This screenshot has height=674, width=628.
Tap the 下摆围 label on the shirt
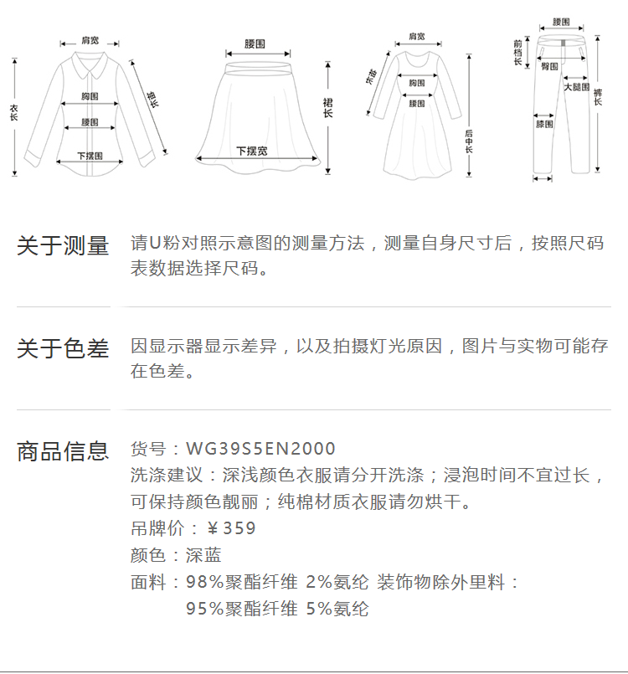click(x=90, y=156)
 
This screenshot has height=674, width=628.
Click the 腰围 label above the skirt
click(x=255, y=43)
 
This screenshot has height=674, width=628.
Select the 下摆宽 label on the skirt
click(x=251, y=152)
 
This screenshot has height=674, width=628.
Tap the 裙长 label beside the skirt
click(x=327, y=106)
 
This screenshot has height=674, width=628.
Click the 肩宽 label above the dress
click(x=416, y=37)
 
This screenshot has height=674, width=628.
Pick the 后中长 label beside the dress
click(x=469, y=142)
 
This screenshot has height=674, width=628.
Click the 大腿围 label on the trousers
click(x=576, y=87)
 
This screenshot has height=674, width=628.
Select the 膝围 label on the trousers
click(x=544, y=124)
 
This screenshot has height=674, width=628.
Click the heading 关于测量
click(x=63, y=246)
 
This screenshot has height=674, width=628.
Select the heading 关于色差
click(x=63, y=348)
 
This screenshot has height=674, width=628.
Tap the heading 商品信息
click(x=63, y=451)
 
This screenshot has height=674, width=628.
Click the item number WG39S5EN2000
click(x=260, y=449)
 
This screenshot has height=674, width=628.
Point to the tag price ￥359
click(x=231, y=528)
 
